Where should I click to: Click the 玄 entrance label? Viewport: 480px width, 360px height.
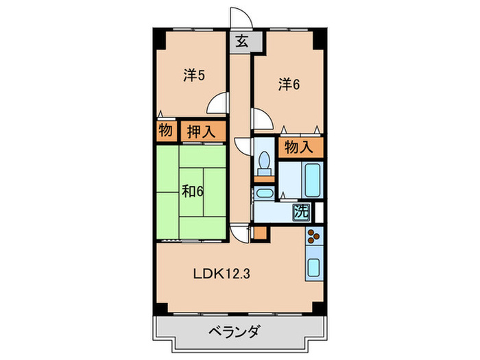(x=242, y=40)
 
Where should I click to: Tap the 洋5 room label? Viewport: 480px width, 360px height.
(x=194, y=75)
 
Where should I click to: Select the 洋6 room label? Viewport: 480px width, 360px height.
(x=289, y=84)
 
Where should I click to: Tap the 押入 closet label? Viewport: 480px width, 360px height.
(x=201, y=131)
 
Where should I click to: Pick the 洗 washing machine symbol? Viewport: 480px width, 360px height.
(x=301, y=212)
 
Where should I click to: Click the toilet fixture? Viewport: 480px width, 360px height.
(x=264, y=163)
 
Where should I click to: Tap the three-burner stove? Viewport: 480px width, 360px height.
(x=314, y=237)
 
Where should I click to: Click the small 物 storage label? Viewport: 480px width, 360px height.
(x=165, y=130)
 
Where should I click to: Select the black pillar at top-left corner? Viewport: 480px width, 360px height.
(x=158, y=38)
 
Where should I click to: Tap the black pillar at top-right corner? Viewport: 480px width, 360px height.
(x=318, y=38)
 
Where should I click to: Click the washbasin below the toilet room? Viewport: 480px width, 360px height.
(x=263, y=194)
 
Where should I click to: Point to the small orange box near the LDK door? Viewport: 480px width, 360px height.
(x=258, y=232)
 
